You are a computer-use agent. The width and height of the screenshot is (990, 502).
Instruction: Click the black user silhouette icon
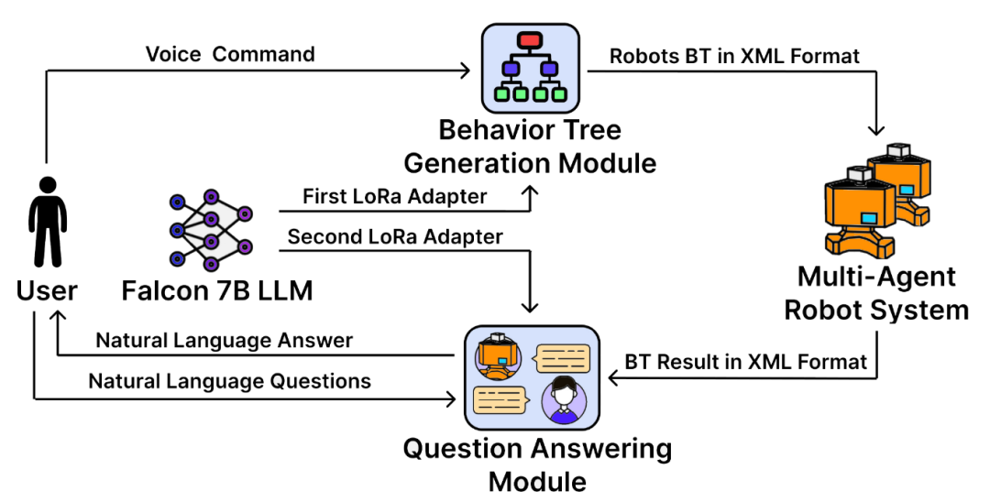(48, 222)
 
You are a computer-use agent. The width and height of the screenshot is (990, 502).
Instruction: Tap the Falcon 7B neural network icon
(211, 231)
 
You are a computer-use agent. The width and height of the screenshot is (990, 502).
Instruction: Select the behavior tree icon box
(531, 68)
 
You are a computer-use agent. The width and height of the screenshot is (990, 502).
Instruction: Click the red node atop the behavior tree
(529, 40)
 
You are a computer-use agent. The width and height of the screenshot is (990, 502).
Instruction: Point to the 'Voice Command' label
(230, 54)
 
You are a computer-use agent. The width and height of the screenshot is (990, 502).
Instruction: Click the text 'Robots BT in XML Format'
(734, 56)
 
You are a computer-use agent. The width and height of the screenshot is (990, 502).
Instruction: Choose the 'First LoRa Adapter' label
(394, 196)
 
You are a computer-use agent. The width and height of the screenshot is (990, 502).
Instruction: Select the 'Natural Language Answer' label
(225, 341)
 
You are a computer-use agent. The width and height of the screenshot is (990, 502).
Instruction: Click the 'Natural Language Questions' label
(230, 381)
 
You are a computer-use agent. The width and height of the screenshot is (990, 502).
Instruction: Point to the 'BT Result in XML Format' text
(745, 362)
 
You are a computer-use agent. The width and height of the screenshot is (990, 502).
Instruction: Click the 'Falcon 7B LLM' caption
(217, 290)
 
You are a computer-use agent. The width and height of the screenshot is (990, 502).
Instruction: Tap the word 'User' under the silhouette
(47, 290)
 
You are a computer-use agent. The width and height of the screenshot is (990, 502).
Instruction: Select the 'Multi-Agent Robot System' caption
(876, 293)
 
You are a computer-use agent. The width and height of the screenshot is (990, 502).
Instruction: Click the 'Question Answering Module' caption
(537, 465)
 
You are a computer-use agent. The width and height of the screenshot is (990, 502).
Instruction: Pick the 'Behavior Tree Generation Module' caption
(531, 147)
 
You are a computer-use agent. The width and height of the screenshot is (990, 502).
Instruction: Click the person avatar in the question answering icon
(564, 399)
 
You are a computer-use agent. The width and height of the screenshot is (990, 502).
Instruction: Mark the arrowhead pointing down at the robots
(876, 129)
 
